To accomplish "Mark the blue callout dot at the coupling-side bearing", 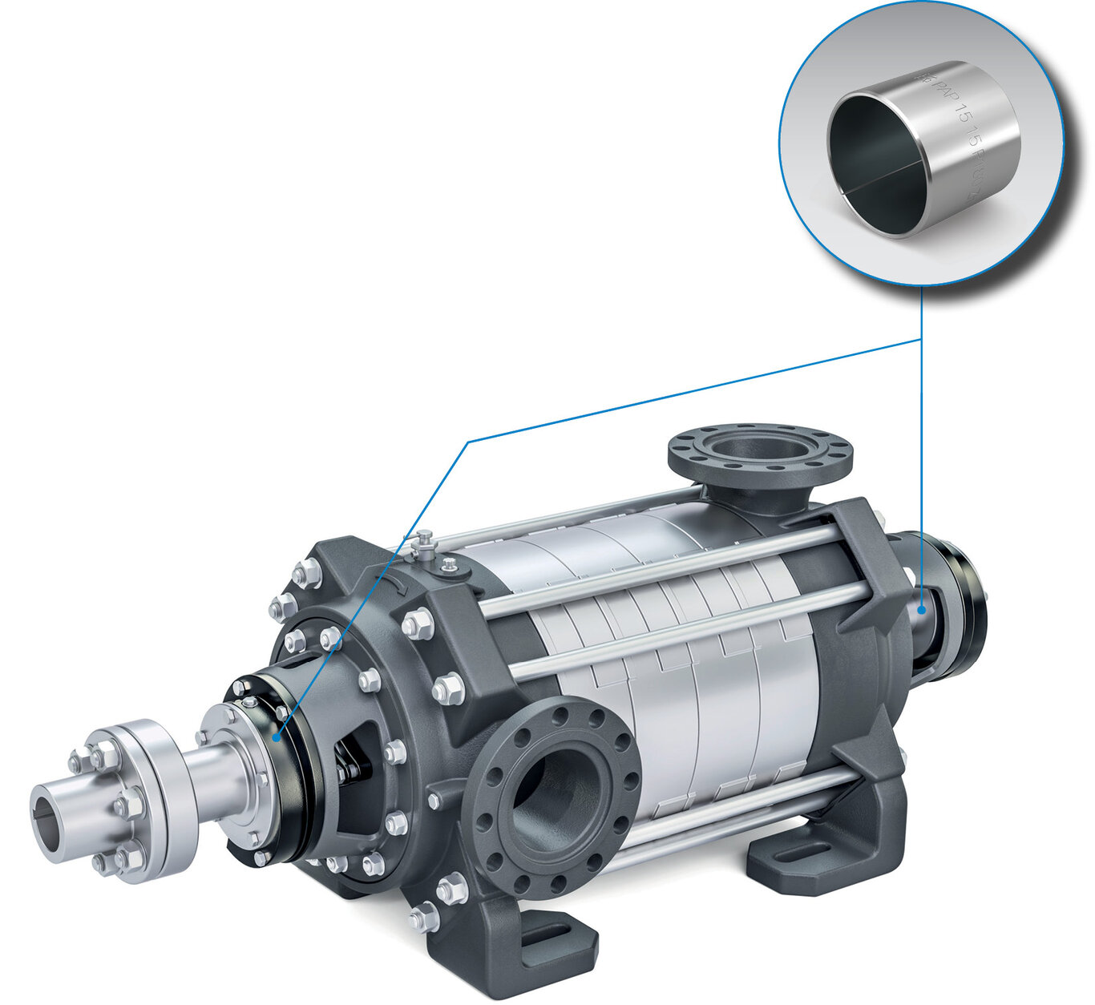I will [277, 737].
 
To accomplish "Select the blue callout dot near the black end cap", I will [922, 609].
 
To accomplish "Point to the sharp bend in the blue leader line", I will [467, 441].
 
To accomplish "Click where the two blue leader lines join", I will [922, 340].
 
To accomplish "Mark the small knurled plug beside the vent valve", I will [451, 565].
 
